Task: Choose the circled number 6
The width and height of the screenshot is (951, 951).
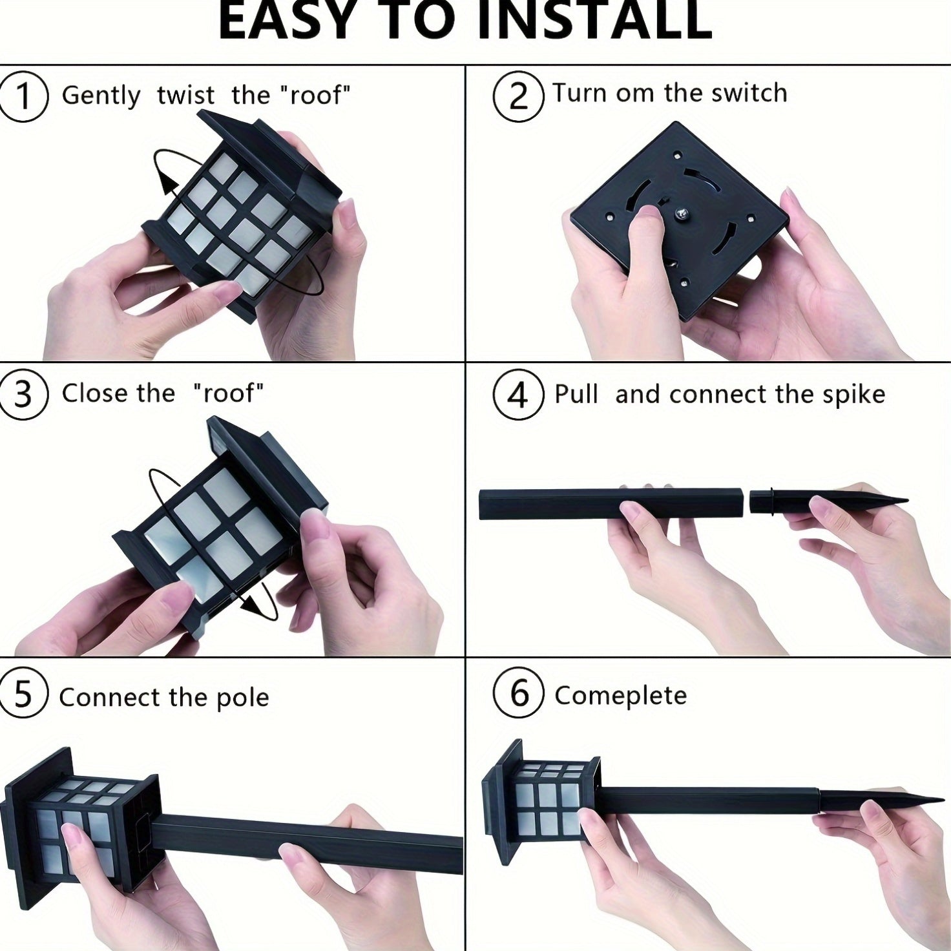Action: click(x=518, y=695)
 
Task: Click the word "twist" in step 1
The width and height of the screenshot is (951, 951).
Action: click(x=186, y=95)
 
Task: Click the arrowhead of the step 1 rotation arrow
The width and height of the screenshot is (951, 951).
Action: click(x=170, y=187)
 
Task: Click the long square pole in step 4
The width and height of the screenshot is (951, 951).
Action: click(x=612, y=504)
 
